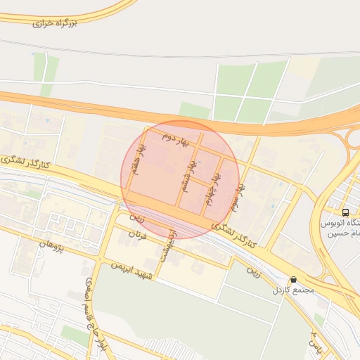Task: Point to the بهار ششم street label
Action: pyautogui.click(x=188, y=171)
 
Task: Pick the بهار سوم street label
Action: pyautogui.click(x=240, y=199)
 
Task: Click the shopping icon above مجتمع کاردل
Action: pyautogui.click(x=293, y=279)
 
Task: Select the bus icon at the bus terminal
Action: pyautogui.click(x=345, y=212)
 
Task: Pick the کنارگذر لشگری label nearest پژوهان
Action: pyautogui.click(x=28, y=161)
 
